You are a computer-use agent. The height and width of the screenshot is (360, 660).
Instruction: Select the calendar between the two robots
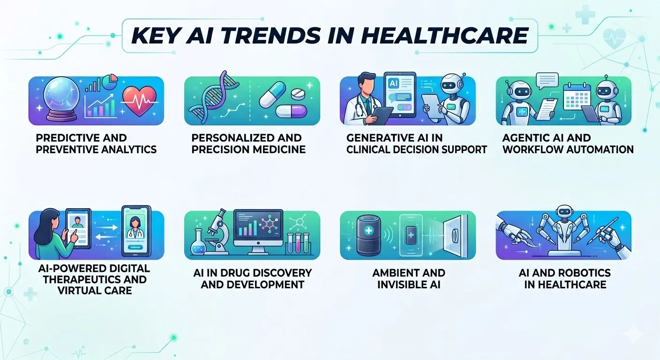click(575, 100)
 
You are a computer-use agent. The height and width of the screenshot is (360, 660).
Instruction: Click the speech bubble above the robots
click(547, 81)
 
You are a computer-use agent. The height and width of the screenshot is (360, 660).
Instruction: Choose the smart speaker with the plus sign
click(371, 233)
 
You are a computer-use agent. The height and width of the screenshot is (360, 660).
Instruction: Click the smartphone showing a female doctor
click(135, 231)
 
